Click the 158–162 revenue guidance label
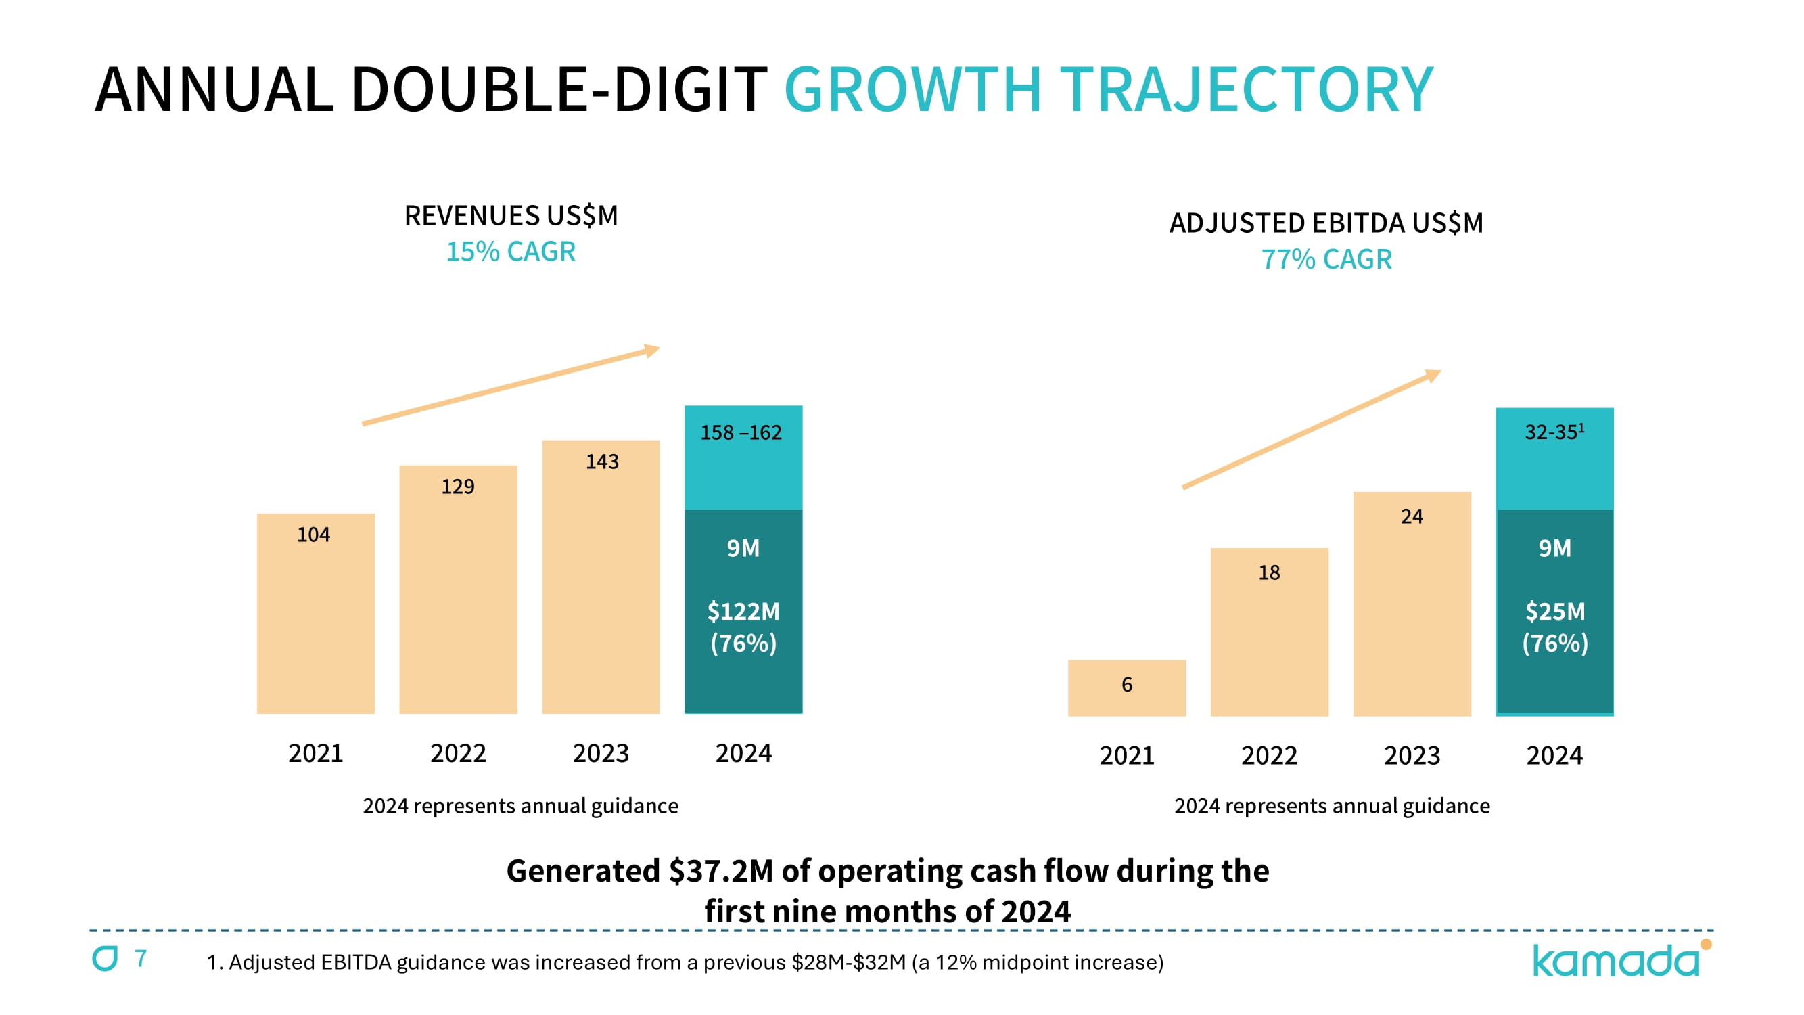[x=741, y=432]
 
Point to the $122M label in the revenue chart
[x=743, y=612]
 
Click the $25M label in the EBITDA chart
[x=1554, y=612]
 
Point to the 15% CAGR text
[x=511, y=252]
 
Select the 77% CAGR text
[x=1326, y=259]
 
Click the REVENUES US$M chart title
[x=511, y=215]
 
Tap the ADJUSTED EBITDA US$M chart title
[x=1326, y=223]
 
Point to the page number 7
[x=141, y=957]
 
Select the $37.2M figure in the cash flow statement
[x=720, y=871]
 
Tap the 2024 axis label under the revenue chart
[x=743, y=753]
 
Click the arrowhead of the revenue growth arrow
[x=653, y=350]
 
